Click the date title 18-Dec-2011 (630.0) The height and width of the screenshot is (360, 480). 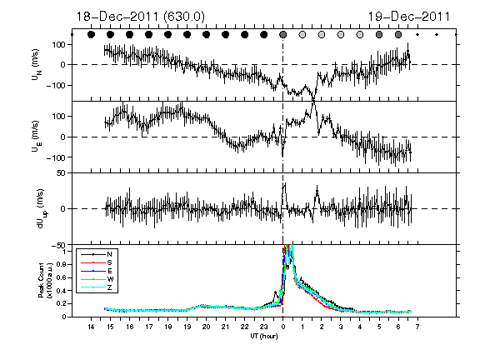click(x=140, y=17)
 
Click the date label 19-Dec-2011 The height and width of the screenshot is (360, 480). click(x=408, y=17)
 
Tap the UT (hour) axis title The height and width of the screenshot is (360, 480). click(x=264, y=336)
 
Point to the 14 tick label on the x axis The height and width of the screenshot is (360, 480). click(x=91, y=327)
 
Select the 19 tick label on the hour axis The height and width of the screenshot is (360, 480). click(x=187, y=327)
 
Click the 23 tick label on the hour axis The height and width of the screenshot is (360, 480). click(x=264, y=327)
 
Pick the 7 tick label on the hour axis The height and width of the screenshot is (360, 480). click(x=417, y=327)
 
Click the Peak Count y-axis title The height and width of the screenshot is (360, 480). click(x=45, y=280)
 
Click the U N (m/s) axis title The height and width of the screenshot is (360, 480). click(x=37, y=65)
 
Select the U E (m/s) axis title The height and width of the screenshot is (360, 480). click(x=37, y=137)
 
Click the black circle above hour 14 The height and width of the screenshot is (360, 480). click(x=91, y=35)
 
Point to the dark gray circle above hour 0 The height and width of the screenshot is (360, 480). click(x=283, y=35)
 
